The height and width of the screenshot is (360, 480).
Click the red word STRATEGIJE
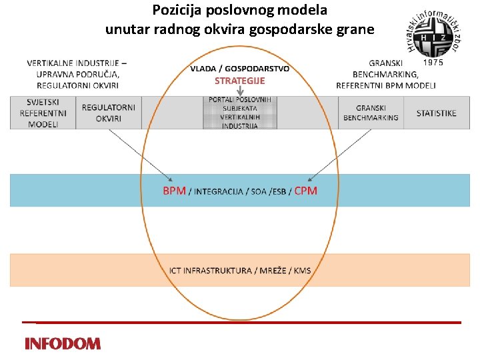pyautogui.click(x=239, y=81)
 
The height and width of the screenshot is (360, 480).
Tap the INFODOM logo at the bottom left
pyautogui.click(x=63, y=344)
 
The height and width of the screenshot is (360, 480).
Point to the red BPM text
pyautogui.click(x=174, y=191)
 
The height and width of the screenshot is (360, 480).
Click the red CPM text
pyautogui.click(x=306, y=191)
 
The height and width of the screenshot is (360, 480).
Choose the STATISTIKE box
pyautogui.click(x=436, y=113)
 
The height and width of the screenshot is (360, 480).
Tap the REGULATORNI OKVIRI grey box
pyautogui.click(x=109, y=113)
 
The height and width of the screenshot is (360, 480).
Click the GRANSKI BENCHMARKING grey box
pyautogui.click(x=371, y=113)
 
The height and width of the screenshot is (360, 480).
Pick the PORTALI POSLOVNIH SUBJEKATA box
pyautogui.click(x=240, y=113)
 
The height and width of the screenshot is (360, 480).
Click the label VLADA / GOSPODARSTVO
pyautogui.click(x=239, y=69)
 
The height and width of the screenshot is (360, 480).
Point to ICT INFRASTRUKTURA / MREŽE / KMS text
pyautogui.click(x=240, y=270)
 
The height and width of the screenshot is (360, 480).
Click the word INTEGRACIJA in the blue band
pyautogui.click(x=219, y=192)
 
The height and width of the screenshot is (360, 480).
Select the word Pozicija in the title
pyautogui.click(x=175, y=11)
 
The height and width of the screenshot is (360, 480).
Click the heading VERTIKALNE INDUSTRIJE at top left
pyautogui.click(x=77, y=63)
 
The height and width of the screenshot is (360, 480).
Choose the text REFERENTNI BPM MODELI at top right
pyautogui.click(x=386, y=85)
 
